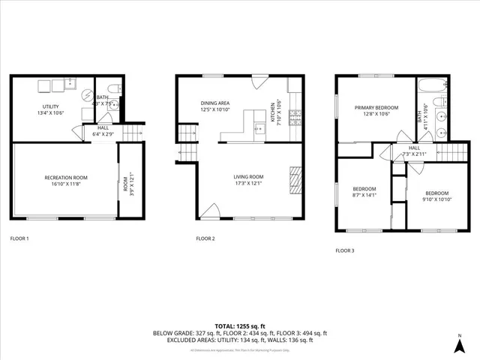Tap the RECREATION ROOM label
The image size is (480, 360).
tap(66, 178)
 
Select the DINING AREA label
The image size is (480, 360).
tap(215, 103)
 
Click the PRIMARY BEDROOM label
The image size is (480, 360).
tap(374, 108)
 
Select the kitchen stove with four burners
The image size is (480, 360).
tap(295, 117)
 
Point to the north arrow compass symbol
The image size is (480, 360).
tap(459, 344)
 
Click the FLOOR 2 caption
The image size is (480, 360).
tap(205, 238)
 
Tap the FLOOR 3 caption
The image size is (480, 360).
tap(344, 250)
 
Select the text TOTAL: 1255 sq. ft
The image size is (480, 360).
tap(240, 326)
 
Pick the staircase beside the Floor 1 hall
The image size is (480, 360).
tap(132, 133)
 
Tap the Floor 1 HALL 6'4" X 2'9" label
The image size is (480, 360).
tap(103, 131)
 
